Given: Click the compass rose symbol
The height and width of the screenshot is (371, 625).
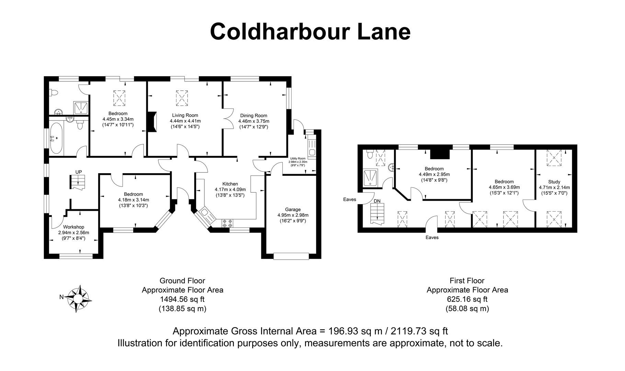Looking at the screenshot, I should pos(78,298).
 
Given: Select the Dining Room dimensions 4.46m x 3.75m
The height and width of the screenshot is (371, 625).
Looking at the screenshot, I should pos(254,121).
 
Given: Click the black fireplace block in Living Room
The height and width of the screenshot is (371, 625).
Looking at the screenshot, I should pos(152,122).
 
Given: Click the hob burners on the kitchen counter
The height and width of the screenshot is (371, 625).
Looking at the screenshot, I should pos(227,223).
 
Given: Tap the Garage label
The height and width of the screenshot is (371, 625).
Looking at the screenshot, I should pos(293,210).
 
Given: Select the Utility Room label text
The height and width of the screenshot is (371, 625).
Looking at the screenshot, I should pos(297,158).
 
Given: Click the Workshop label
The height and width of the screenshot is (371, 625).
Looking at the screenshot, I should pos(73,227).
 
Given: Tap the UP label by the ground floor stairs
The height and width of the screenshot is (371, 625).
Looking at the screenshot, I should pos(79,172).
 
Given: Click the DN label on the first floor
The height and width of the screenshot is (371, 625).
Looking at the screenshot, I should pos(377,201).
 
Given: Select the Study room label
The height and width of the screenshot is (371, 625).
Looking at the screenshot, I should pos(554,182).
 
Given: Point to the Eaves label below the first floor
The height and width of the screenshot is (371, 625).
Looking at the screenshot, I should pos(432,237).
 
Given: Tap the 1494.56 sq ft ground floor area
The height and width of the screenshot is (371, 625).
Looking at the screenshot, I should pos(182,299).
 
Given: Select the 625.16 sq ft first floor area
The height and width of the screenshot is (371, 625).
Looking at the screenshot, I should pos(467,299).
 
